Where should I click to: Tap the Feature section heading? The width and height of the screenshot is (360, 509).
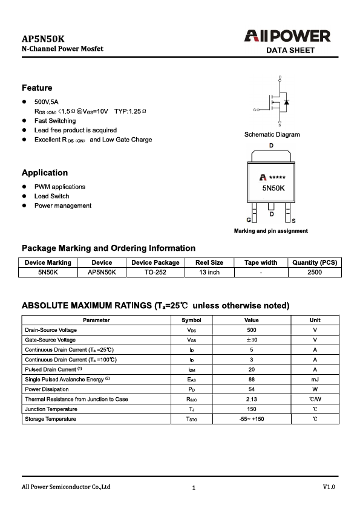[37, 88]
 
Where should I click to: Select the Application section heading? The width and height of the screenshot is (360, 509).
[45, 173]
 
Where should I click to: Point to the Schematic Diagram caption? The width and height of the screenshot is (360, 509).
[272, 134]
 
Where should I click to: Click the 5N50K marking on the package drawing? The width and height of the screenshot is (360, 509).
[273, 189]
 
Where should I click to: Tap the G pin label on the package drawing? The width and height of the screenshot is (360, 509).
[249, 221]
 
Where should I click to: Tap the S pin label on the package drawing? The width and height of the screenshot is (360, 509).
[294, 221]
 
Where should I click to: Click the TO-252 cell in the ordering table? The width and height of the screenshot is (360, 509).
[155, 273]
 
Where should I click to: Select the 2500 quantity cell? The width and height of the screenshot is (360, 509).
[314, 273]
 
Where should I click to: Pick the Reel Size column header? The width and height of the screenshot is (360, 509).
[209, 263]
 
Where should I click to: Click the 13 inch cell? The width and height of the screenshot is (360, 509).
[209, 273]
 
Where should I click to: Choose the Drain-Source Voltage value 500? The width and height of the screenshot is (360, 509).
[252, 331]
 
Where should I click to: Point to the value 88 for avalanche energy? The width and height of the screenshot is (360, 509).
[252, 380]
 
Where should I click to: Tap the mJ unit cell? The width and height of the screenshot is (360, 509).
[315, 380]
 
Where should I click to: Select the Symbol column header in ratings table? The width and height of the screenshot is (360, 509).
[191, 320]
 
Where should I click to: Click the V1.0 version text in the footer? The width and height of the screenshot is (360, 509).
[329, 487]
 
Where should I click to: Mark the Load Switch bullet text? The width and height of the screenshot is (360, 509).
[51, 196]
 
